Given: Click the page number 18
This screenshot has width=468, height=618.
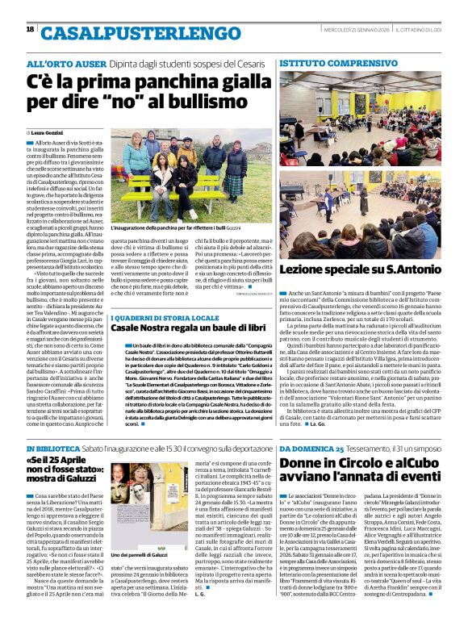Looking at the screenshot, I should point(30,30).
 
